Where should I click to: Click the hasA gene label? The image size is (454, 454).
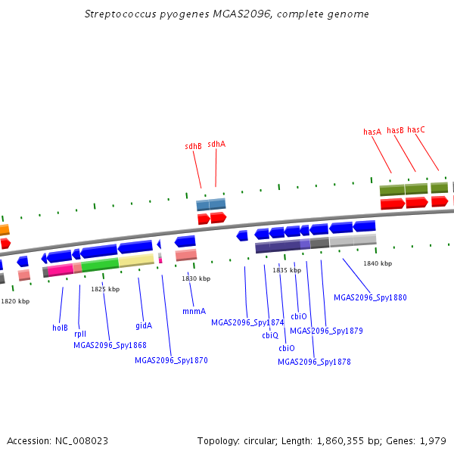click(372, 132)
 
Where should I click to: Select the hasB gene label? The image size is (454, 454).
click(395, 130)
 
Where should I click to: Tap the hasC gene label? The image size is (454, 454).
click(416, 129)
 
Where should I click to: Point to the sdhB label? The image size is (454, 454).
click(193, 146)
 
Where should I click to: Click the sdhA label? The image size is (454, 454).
click(216, 144)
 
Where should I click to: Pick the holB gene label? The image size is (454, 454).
click(60, 328)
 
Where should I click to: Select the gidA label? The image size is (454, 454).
click(144, 325)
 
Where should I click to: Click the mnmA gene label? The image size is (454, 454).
click(194, 311)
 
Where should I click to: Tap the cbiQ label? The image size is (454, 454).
click(270, 335)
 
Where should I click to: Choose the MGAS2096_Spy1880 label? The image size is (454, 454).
click(370, 297)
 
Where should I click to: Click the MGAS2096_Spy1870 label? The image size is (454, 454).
click(172, 360)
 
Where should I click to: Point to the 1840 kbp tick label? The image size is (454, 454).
click(378, 263)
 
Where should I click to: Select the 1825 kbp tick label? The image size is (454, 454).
click(105, 289)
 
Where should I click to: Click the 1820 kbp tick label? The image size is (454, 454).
click(15, 301)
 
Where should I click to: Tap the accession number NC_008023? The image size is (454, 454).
click(82, 441)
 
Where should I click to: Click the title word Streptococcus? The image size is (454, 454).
click(120, 14)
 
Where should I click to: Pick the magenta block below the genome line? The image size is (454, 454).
click(61, 270)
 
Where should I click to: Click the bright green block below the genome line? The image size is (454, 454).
click(100, 265)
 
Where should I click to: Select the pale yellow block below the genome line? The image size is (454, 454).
click(136, 260)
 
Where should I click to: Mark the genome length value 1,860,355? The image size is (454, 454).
click(340, 441)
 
